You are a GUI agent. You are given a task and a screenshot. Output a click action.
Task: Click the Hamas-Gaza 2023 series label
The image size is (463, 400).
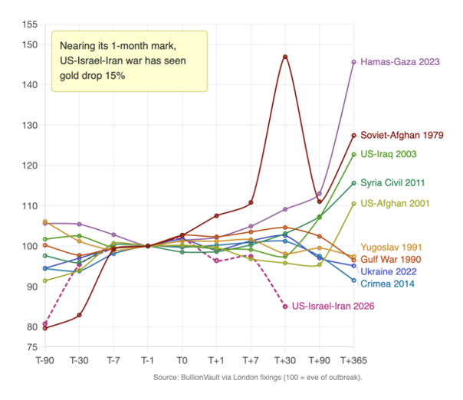400,62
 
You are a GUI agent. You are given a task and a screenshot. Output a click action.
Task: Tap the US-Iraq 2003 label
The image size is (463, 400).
389,154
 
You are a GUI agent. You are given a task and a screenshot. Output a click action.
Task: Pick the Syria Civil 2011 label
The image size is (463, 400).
395,182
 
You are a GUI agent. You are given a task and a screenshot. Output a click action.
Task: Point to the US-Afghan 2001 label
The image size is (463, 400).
394,203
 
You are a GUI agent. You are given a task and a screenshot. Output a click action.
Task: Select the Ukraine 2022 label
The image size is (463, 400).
389,272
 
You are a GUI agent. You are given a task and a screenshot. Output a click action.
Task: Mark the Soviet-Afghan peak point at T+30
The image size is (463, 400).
285,57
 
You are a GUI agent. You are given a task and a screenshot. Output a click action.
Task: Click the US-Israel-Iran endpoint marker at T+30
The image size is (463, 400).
285,307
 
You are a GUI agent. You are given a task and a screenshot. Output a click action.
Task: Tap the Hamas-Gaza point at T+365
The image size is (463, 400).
353,62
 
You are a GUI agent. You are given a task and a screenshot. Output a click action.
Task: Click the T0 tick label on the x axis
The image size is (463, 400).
182,359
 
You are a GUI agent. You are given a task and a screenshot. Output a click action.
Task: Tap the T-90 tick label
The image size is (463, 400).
45,359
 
